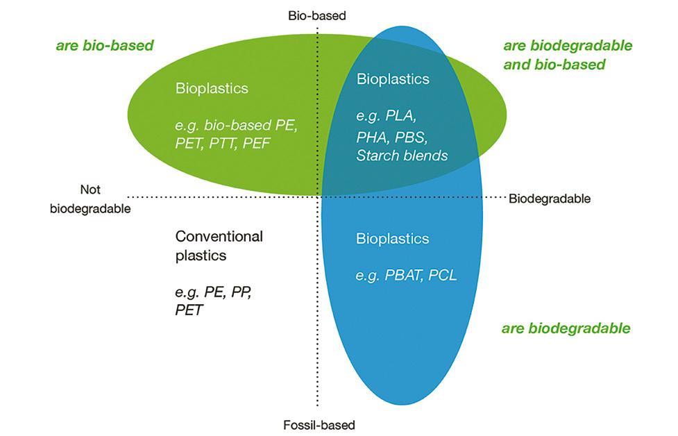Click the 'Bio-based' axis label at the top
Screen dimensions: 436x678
(x=316, y=15)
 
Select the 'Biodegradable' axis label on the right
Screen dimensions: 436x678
(x=549, y=199)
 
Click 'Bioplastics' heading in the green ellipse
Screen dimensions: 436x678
(x=212, y=89)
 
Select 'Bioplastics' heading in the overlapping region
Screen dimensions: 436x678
(x=392, y=79)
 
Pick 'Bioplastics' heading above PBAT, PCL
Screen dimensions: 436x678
(x=392, y=239)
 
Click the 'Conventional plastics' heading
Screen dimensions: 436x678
(x=219, y=245)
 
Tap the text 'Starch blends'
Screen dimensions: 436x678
(x=402, y=155)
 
